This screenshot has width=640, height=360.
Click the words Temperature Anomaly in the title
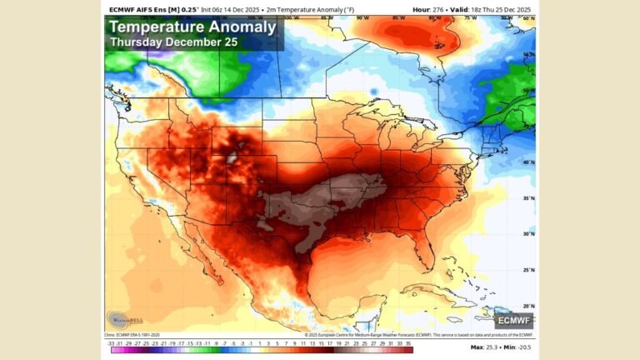coord(192,27)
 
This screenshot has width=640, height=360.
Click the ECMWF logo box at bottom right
coord(514,319)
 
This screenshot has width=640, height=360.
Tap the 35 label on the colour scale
coord(408,342)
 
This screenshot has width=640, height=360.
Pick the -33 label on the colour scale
coord(111,342)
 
